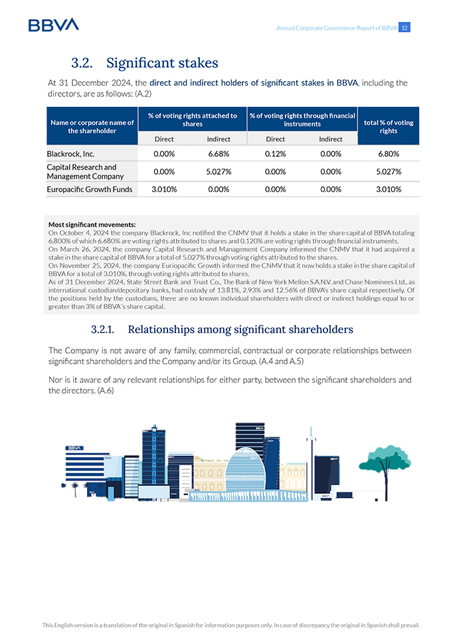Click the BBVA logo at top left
pyautogui.click(x=53, y=25)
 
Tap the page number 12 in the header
pyautogui.click(x=405, y=28)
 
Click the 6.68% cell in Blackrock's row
pyautogui.click(x=219, y=154)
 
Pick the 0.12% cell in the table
pyautogui.click(x=275, y=154)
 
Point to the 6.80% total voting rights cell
pyautogui.click(x=389, y=154)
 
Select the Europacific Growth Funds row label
pyautogui.click(x=90, y=189)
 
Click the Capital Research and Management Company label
pyautogui.click(x=86, y=171)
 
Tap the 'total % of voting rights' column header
pyautogui.click(x=389, y=126)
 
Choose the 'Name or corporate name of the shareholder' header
pyautogui.click(x=92, y=126)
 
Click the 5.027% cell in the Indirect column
pyautogui.click(x=219, y=171)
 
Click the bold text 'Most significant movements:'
pyautogui.click(x=92, y=225)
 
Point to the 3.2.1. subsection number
pyautogui.click(x=103, y=330)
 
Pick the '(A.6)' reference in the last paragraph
pyautogui.click(x=105, y=391)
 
